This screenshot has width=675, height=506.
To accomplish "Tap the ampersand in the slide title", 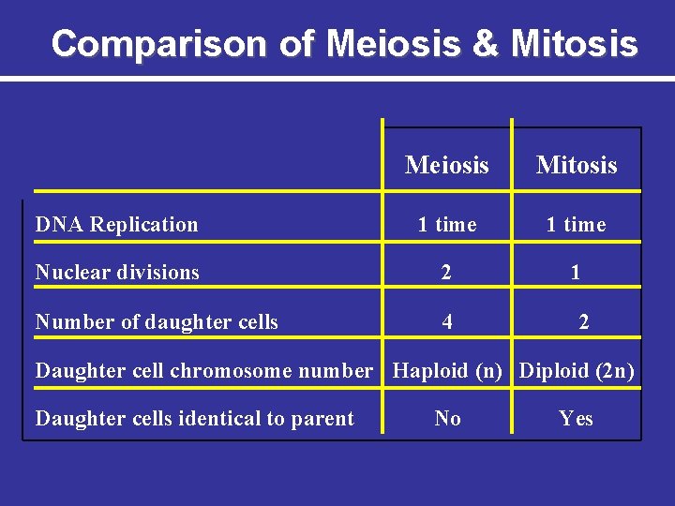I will pyautogui.click(x=487, y=43).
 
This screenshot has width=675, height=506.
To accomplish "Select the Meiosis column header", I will pyautogui.click(x=447, y=166).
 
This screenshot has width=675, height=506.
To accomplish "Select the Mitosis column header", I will pyautogui.click(x=577, y=166).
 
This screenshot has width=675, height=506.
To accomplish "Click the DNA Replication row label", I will pyautogui.click(x=116, y=225).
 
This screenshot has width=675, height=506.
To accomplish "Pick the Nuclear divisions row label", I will pyautogui.click(x=117, y=273).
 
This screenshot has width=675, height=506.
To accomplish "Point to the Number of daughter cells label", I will pyautogui.click(x=157, y=322).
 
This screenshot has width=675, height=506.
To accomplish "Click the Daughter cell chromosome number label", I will pyautogui.click(x=203, y=371).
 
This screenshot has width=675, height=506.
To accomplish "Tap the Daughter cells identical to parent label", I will pyautogui.click(x=194, y=419).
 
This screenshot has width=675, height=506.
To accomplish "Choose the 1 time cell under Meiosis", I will pyautogui.click(x=447, y=225).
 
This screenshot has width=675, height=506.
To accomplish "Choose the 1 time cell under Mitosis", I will pyautogui.click(x=577, y=225).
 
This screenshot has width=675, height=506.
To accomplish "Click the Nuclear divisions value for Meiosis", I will pyautogui.click(x=447, y=273).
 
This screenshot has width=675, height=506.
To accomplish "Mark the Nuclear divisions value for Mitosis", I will pyautogui.click(x=576, y=273).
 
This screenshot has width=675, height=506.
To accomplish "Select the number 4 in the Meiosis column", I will pyautogui.click(x=447, y=322).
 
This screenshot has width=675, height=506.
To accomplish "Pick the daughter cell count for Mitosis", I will pyautogui.click(x=584, y=322).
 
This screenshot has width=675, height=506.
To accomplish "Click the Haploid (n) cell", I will pyautogui.click(x=447, y=371).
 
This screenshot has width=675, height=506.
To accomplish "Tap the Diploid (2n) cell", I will pyautogui.click(x=577, y=371).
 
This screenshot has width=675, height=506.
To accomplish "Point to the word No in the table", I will pyautogui.click(x=447, y=419).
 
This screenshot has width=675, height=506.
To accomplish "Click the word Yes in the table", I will pyautogui.click(x=576, y=419).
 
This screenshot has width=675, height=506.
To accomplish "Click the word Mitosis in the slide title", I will pyautogui.click(x=575, y=43).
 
